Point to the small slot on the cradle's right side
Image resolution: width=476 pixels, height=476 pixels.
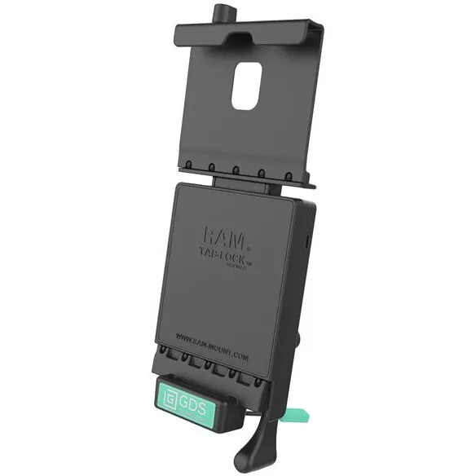click(308, 241)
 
